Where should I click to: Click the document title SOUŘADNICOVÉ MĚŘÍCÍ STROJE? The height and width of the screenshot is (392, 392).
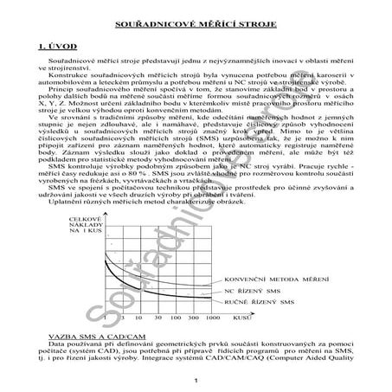coord(196,15)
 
